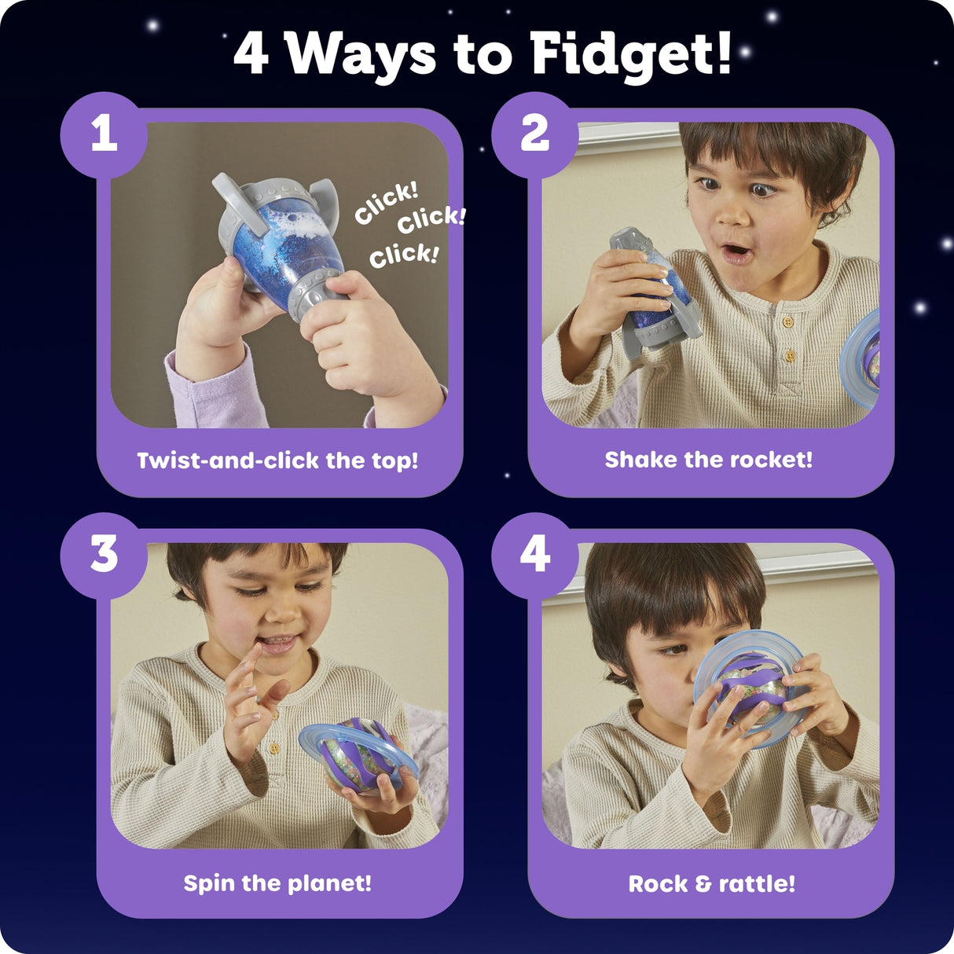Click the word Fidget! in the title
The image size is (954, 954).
point(631,55)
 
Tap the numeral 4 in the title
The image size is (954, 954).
point(251,54)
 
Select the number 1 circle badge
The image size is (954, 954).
point(104,134)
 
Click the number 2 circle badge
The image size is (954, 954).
point(534,134)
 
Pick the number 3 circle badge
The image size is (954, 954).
point(104,555)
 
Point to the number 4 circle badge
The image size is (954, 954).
point(534,555)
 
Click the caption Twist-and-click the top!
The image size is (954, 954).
point(277,460)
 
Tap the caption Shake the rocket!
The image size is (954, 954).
point(708,460)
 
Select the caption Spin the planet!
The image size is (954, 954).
point(277,883)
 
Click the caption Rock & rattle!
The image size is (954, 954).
point(711,884)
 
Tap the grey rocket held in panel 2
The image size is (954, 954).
point(652,295)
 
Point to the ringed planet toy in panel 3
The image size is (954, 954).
point(358,754)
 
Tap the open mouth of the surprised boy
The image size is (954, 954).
point(736,253)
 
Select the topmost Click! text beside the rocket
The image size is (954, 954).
point(385,202)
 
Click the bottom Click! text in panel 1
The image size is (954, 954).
point(404,255)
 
